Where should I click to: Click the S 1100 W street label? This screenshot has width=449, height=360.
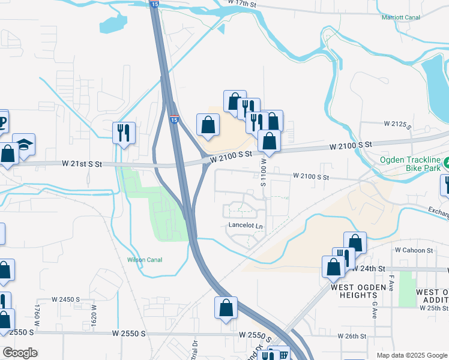click(264, 172)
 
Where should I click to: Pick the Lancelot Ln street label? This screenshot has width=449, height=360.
click(246, 226)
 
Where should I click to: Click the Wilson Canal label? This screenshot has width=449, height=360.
click(145, 260)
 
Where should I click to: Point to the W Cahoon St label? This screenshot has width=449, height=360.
click(414, 250)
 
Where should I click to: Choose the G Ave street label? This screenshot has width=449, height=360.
click(373, 310)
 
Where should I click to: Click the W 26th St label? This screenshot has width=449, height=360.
click(352, 336)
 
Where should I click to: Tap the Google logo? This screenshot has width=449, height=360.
click(20, 353)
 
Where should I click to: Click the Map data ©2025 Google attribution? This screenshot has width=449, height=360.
click(411, 355)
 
